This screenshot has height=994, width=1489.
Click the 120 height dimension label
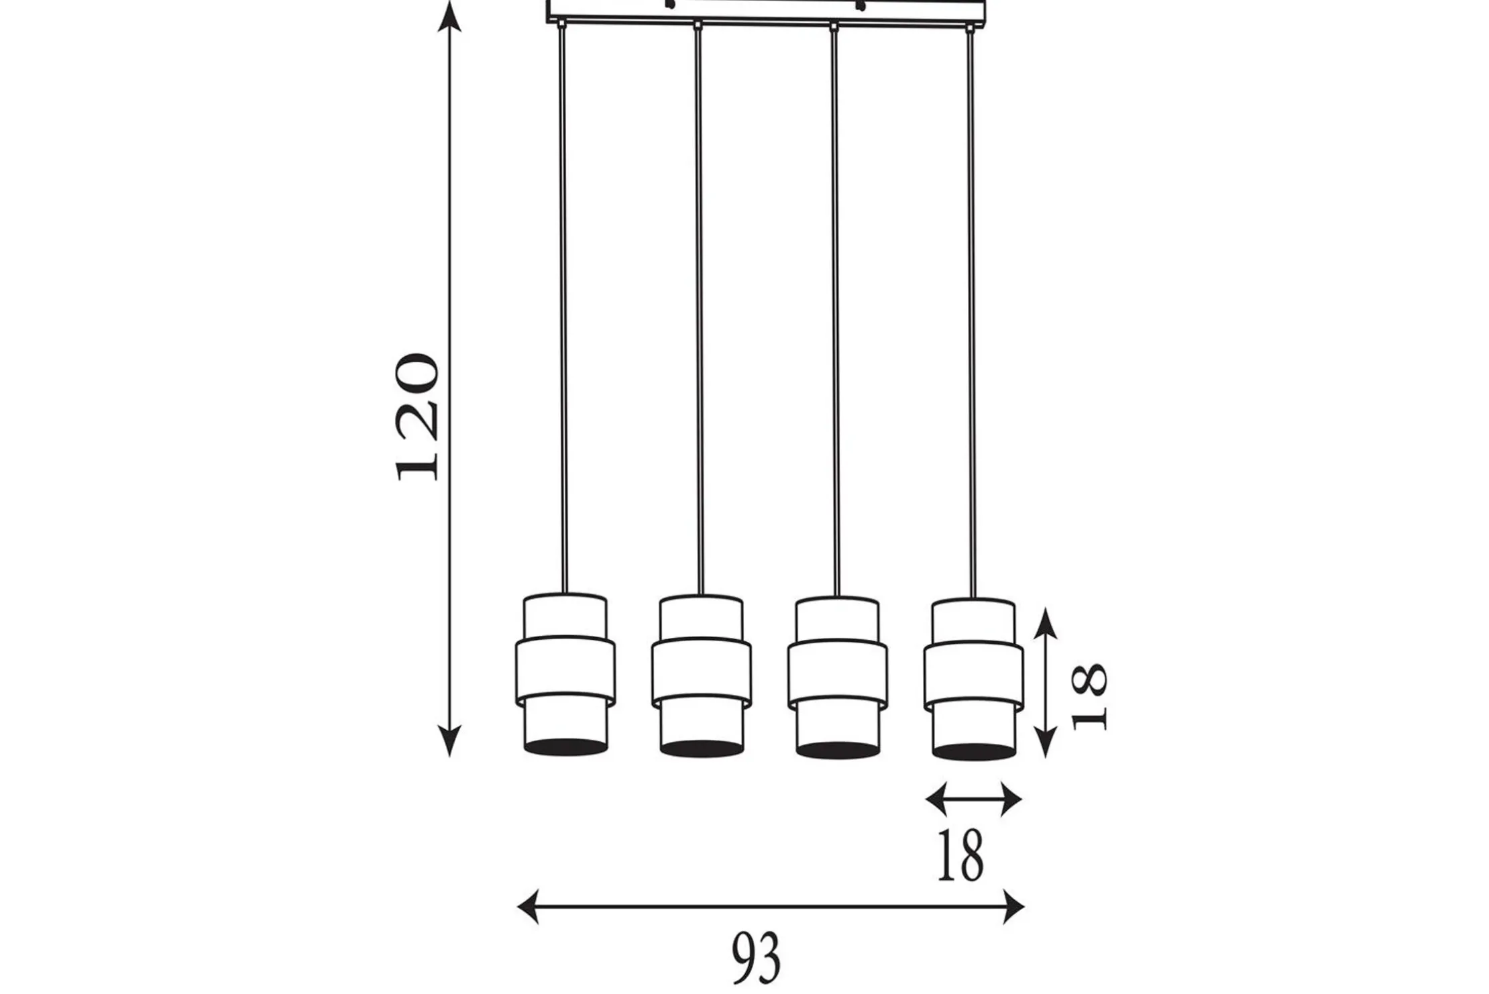click(417, 417)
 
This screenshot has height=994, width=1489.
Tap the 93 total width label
click(756, 958)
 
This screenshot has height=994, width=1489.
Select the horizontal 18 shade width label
click(960, 855)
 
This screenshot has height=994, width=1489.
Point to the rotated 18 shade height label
click(1089, 696)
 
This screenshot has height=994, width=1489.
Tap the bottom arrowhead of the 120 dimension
click(449, 741)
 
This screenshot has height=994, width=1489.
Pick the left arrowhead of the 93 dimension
click(529, 907)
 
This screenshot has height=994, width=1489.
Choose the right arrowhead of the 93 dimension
click(1013, 907)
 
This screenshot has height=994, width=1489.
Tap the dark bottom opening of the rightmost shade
click(974, 751)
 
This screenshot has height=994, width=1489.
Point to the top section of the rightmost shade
click(974, 621)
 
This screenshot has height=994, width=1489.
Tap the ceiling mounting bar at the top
click(767, 11)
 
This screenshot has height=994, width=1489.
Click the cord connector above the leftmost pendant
click(561, 25)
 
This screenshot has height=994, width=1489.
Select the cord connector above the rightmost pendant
click(969, 28)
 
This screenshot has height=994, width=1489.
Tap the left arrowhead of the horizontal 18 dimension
click(937, 799)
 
